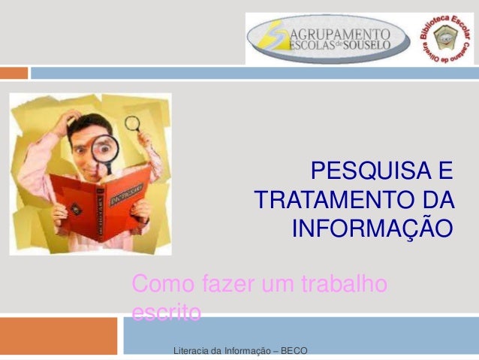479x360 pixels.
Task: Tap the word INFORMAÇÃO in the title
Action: pos(372,227)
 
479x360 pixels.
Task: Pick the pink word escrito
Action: pos(166,311)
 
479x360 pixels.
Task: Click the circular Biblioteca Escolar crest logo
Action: pos(445,38)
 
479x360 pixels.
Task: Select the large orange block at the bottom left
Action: pos(59,335)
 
